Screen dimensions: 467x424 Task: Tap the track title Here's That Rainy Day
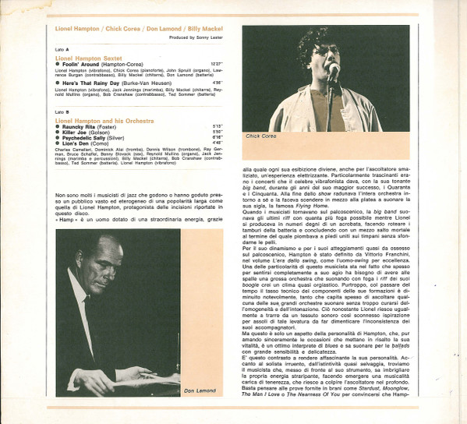click(89, 83)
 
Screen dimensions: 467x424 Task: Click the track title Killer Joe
click(77, 132)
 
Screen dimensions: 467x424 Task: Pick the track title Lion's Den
click(76, 143)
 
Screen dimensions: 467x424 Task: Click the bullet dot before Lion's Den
click(58, 143)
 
